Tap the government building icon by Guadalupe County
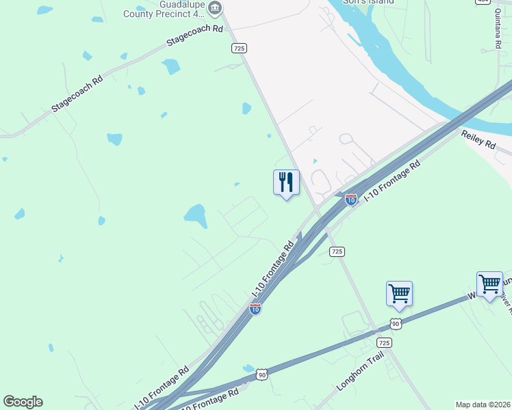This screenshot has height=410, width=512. tap(215, 8)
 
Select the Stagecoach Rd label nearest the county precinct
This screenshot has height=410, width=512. tap(195, 36)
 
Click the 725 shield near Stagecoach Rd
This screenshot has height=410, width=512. tap(239, 48)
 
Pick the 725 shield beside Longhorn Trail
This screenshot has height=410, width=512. tap(385, 342)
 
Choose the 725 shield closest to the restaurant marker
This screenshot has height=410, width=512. tap(336, 251)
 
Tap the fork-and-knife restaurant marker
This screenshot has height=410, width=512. tap(286, 182)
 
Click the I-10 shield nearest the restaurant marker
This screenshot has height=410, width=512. tap(350, 200)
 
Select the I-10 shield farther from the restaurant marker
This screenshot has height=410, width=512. tap(255, 310)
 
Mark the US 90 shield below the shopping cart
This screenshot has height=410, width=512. tap(396, 323)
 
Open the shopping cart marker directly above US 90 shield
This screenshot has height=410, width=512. tap(399, 294)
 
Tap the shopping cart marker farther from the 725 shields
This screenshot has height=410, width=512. tap(489, 284)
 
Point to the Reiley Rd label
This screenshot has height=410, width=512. tap(478, 140)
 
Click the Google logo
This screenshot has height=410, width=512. tap(23, 402)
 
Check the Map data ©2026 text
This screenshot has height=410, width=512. tap(483, 405)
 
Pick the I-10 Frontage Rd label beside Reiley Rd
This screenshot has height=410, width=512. tap(390, 182)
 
